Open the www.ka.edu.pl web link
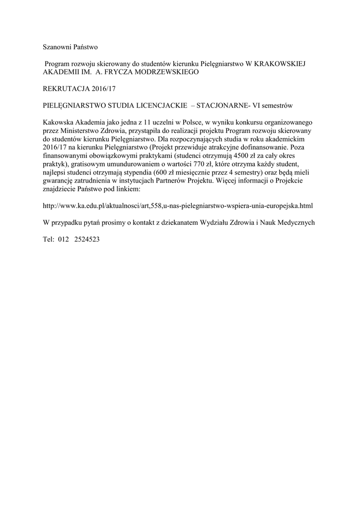(178, 205)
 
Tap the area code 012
(64, 239)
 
